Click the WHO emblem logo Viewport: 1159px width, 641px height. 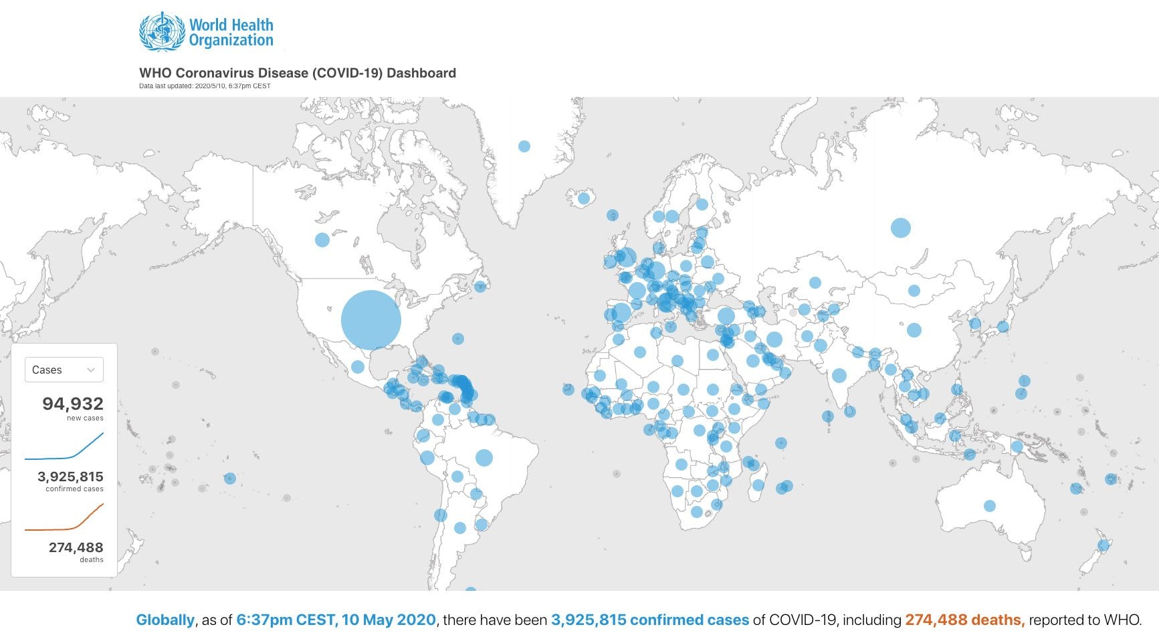[161, 32]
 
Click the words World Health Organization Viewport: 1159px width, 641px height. [231, 33]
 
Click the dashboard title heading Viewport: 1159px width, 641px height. [298, 73]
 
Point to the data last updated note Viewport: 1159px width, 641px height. [205, 86]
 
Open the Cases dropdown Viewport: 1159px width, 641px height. [64, 370]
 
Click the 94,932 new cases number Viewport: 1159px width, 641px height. [73, 404]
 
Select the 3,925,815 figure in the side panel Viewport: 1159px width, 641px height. [70, 477]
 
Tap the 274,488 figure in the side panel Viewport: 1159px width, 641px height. [76, 547]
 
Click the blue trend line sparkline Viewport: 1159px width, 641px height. [64, 448]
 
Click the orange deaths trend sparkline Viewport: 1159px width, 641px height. [64, 519]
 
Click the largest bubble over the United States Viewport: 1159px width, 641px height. [371, 319]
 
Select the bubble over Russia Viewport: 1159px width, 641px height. [901, 228]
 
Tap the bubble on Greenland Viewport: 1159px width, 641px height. [524, 146]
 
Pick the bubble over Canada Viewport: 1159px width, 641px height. [322, 239]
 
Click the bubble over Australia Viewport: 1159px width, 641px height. [990, 506]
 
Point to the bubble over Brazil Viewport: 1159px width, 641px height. [484, 458]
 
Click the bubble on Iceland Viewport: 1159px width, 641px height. [583, 198]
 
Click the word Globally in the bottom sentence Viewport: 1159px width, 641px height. [165, 620]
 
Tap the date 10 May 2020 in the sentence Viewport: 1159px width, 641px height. [389, 620]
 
